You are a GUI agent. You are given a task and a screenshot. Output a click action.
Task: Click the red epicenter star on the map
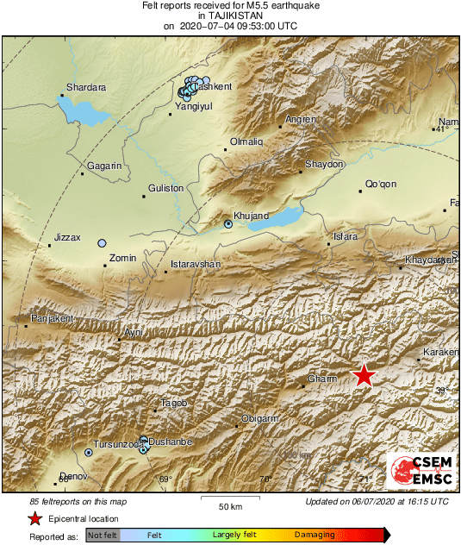point(364,375)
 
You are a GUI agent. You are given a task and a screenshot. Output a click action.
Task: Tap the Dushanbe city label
point(169,442)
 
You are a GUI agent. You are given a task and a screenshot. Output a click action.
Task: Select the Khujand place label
point(252,215)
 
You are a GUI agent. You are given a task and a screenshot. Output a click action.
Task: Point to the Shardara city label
point(87,86)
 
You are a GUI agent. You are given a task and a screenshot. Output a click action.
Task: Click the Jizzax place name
point(66,237)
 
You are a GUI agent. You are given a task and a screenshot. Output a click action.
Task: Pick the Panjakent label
point(53,319)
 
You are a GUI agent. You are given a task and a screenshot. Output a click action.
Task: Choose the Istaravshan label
point(196,263)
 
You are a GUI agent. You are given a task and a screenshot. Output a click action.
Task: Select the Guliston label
point(166,187)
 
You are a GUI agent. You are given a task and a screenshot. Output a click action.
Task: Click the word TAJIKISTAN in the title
point(230,16)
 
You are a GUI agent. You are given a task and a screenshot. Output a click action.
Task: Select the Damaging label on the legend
point(315,536)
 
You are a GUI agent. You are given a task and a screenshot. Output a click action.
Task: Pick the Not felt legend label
point(102,536)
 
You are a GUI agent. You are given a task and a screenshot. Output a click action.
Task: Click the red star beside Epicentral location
point(35,518)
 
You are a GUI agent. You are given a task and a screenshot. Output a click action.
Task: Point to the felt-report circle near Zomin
point(102,244)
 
